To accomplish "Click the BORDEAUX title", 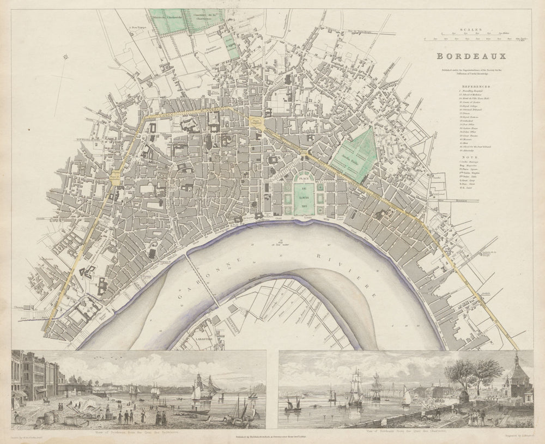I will [x=471, y=56].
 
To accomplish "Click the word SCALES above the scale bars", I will [x=470, y=32].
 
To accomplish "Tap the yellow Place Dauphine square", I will [x=255, y=123].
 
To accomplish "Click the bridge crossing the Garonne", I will [x=201, y=281].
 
